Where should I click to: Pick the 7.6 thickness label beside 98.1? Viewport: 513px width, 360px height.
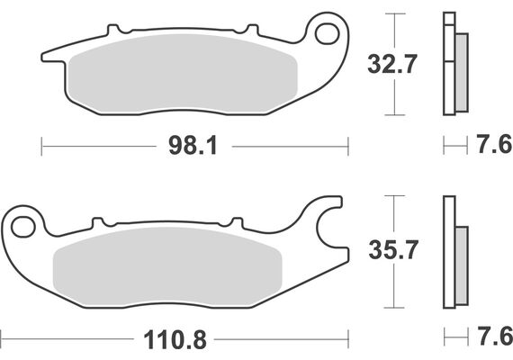[491, 144]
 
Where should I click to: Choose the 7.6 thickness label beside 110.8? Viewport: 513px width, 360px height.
[491, 340]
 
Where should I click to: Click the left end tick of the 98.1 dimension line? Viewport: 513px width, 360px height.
[41, 144]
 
